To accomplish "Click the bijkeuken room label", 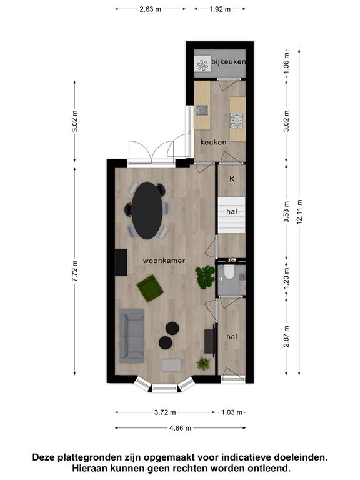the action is tap(228, 61).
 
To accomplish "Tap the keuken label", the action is tap(213, 142).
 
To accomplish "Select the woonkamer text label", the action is tap(164, 261).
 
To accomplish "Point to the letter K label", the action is tap(232, 179).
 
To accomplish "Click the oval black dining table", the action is tap(147, 211).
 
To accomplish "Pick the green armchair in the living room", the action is tap(150, 288).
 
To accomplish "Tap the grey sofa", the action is tap(132, 336).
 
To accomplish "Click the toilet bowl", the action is tap(229, 271).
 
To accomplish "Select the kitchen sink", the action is tap(202, 110).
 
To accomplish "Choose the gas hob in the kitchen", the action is tap(237, 120).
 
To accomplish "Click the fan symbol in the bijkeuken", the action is tap(202, 64).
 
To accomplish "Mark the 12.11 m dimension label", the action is tap(299, 212).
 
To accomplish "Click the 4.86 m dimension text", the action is tap(180, 428).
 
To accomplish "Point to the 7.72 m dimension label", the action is tap(75, 271).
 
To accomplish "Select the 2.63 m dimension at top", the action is tap(150, 9).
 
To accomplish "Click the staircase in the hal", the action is tap(231, 216).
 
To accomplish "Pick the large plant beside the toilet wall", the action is tap(205, 277).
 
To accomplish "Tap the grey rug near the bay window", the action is tap(171, 365).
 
